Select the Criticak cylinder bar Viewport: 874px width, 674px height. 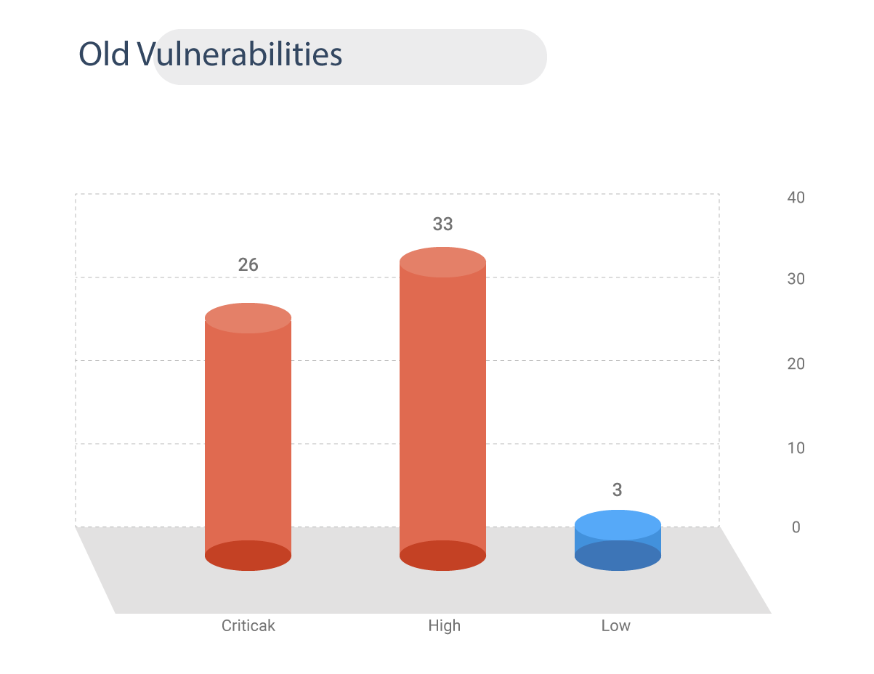coord(248,436)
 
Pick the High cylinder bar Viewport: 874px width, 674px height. coord(442,407)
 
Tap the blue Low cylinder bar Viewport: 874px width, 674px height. coord(618,542)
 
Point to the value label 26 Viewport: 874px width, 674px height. coord(248,265)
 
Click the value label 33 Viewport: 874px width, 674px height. coord(442,224)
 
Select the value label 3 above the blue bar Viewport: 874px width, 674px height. coord(618,490)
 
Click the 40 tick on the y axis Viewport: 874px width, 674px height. coord(796,198)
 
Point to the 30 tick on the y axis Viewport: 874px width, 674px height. coord(796,280)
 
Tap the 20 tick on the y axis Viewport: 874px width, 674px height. coord(796,364)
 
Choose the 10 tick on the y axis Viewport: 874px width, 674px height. coord(796,447)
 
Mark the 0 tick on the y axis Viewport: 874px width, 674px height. coord(796,528)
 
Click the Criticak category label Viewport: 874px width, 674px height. coord(248,625)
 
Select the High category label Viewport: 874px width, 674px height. coord(444,625)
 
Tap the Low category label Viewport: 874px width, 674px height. coord(616,625)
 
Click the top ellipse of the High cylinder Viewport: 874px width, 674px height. coord(442,262)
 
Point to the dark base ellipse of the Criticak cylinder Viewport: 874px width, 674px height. coord(248,556)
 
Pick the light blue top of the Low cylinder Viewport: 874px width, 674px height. coord(618,524)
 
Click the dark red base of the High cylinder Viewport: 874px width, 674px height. coord(442,556)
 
